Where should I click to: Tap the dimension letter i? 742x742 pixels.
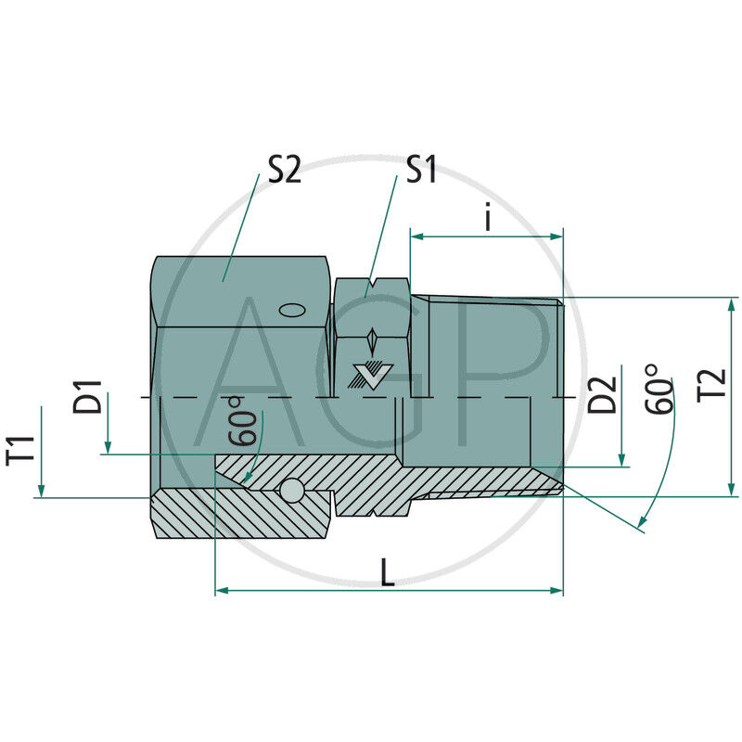[488, 219]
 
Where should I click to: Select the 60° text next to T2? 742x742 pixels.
[658, 390]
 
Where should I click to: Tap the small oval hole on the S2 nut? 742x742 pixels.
[291, 311]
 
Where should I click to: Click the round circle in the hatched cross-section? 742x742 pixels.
[294, 490]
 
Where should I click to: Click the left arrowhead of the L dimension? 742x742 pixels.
[222, 590]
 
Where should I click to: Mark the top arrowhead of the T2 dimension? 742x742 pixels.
[732, 304]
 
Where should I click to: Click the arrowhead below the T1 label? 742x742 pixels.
[41, 491]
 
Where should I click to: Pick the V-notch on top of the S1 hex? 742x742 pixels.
[372, 281]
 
